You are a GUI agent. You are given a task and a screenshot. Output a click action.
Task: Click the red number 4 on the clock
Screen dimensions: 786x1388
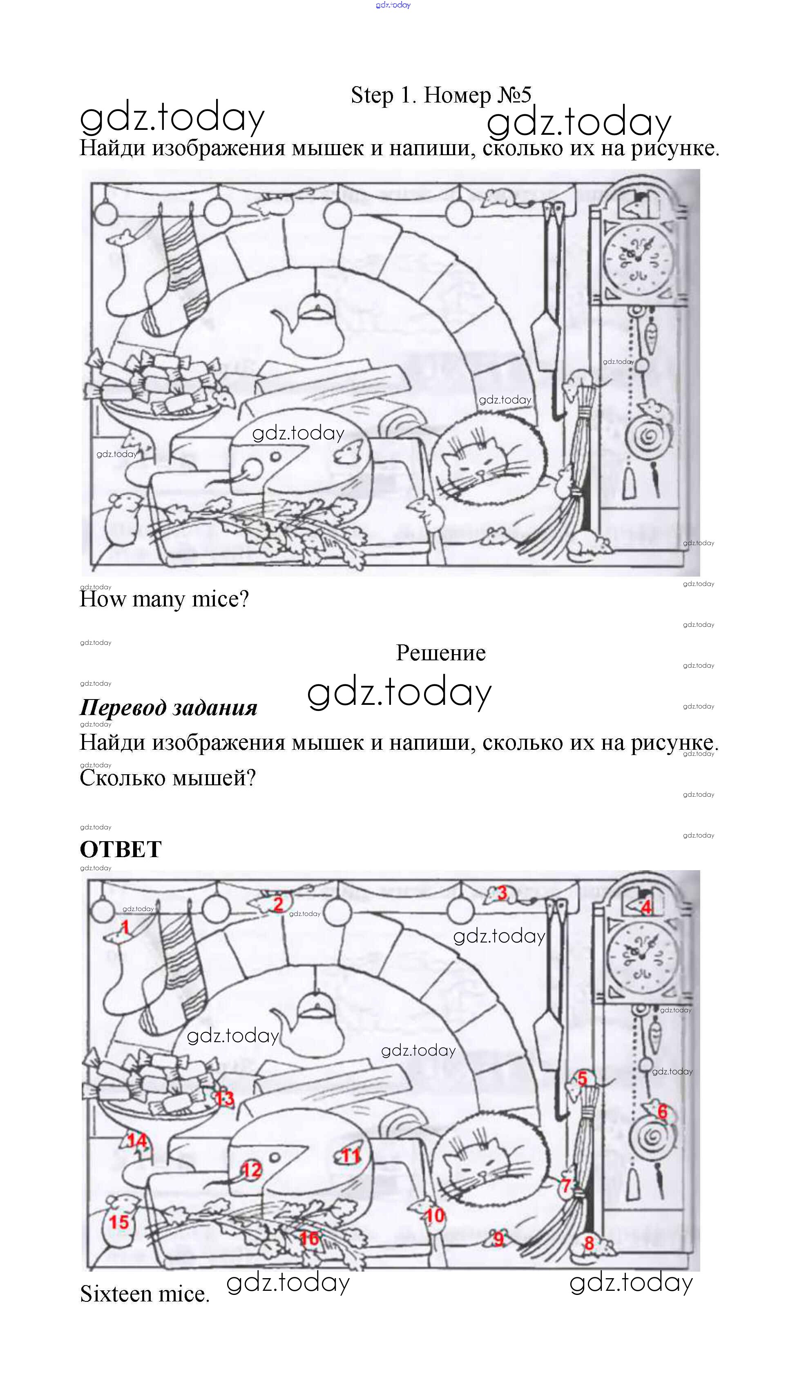click(x=646, y=907)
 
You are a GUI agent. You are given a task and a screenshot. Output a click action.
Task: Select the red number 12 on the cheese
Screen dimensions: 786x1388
click(x=251, y=1170)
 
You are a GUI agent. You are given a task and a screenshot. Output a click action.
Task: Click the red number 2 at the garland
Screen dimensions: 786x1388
click(x=279, y=904)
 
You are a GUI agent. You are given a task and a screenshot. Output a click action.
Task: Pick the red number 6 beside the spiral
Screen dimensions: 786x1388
click(x=662, y=1111)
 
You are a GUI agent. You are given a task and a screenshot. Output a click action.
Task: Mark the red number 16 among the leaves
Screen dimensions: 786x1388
click(x=309, y=1238)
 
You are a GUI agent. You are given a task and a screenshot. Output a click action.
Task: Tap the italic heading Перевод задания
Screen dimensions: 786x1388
click(x=168, y=708)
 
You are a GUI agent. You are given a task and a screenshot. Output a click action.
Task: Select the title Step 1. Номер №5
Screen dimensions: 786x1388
click(x=441, y=96)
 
